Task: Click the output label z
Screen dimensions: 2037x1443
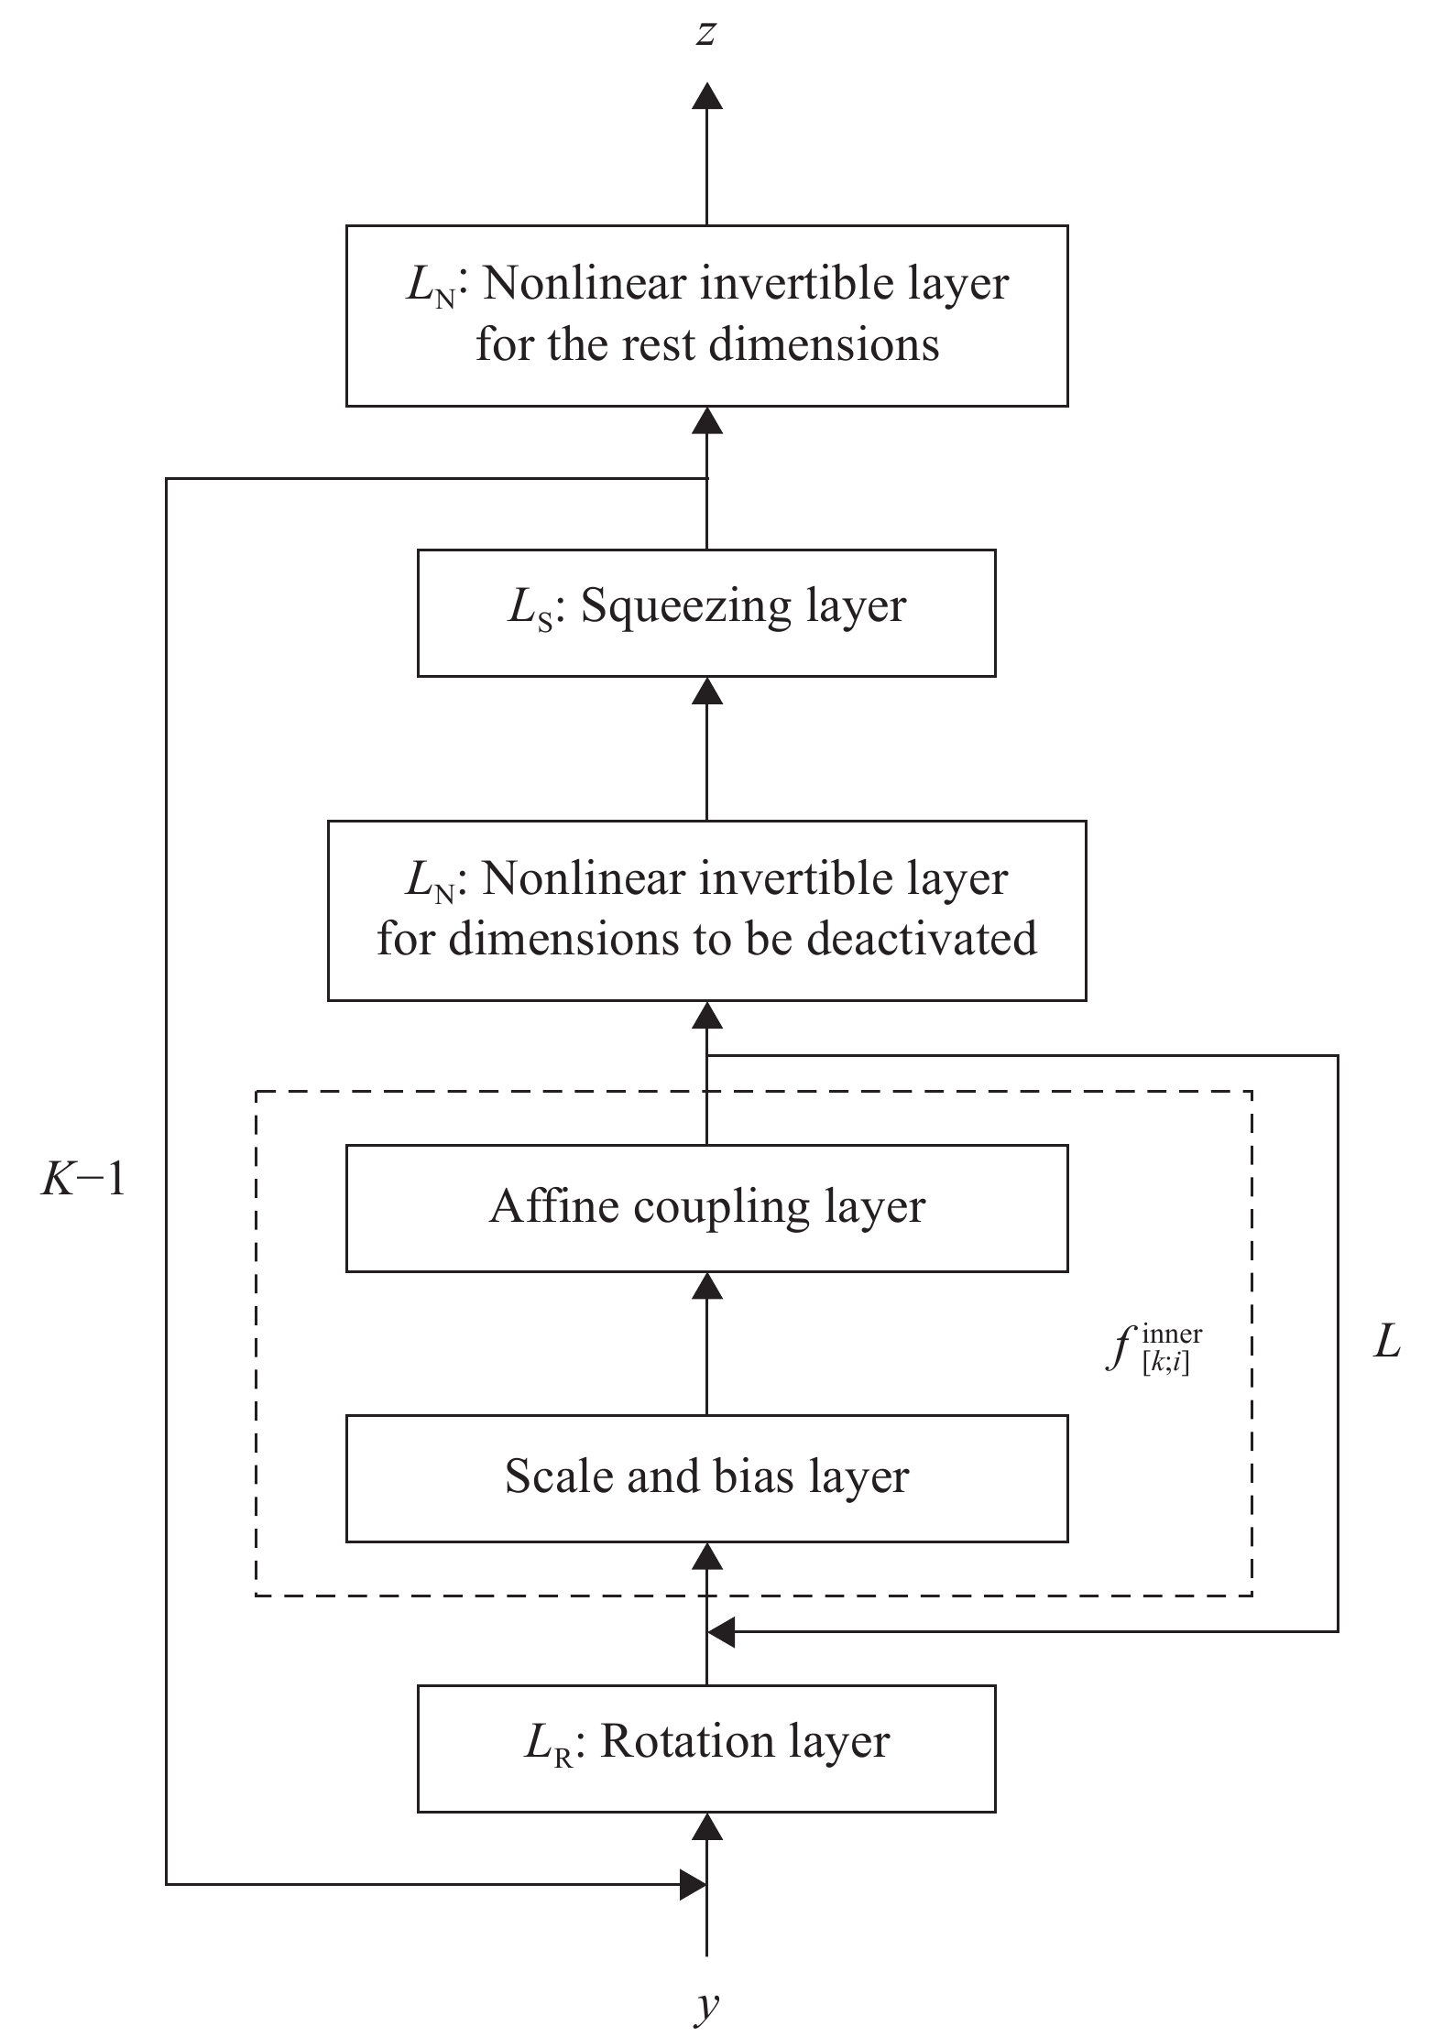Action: tap(705, 35)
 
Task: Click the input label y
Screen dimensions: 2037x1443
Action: tap(706, 2006)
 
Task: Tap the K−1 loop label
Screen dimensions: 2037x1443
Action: tap(82, 1182)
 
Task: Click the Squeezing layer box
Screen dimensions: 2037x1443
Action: tap(706, 613)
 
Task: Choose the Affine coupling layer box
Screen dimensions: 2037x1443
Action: tap(706, 1208)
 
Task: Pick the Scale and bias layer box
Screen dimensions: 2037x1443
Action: tap(706, 1477)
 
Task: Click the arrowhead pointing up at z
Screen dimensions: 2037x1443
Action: tap(706, 95)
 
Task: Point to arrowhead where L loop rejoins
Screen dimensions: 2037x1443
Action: tap(722, 1631)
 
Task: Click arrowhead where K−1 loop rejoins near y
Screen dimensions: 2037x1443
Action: tap(692, 1884)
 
